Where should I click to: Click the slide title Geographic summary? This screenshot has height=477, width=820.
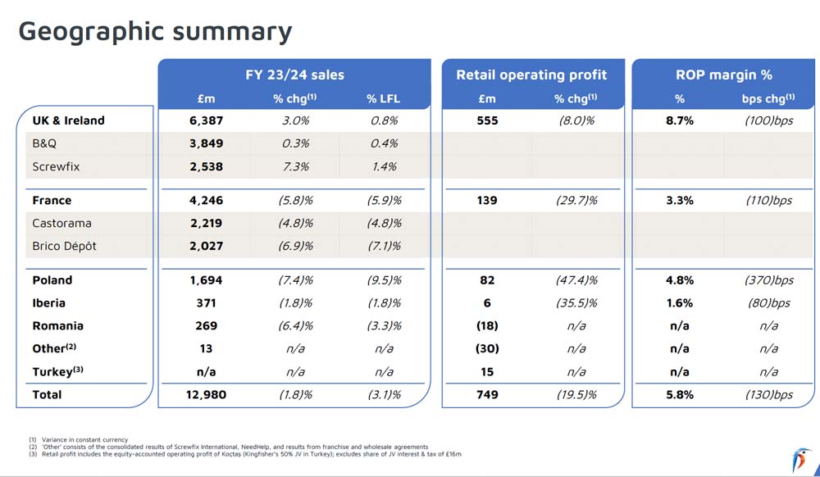155,32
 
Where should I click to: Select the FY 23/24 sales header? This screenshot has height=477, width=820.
294,75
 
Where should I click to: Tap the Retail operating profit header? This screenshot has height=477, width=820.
531,75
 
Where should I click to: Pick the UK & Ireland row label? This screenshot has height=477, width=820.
69,120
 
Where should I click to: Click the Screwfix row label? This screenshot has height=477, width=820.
56,166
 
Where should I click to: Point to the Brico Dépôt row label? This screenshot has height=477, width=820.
64,246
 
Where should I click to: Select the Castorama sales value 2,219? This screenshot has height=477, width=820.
206,223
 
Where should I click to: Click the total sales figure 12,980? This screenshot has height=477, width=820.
206,394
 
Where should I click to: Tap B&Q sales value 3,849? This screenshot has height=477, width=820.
206,143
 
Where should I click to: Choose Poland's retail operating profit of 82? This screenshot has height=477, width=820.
487,280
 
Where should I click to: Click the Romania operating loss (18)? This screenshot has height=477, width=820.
487,325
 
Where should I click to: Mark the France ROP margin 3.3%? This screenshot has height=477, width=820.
679,200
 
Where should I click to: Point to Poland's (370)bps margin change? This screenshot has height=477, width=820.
768,280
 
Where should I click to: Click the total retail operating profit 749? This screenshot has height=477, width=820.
487,394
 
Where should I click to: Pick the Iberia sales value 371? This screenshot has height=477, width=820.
206,302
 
